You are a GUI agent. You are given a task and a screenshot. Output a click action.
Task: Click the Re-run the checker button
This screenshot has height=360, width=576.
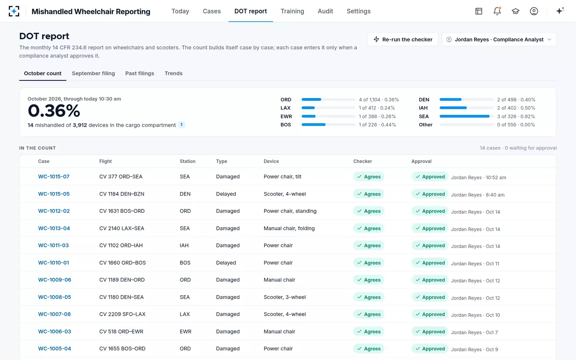point(403,39)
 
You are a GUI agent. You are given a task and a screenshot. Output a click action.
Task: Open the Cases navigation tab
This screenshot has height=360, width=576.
point(212,11)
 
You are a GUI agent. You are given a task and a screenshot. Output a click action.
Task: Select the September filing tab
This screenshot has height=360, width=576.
point(93,73)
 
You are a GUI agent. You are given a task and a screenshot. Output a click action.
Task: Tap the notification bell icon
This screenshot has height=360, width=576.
point(497,11)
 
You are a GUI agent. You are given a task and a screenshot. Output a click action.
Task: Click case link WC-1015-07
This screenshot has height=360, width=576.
point(54,176)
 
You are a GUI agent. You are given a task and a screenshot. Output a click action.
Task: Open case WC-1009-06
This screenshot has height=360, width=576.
point(54,280)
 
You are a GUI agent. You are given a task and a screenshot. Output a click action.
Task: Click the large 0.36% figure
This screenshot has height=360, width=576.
point(54,111)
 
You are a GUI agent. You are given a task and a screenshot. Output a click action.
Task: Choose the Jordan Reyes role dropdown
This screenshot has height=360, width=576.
point(499,39)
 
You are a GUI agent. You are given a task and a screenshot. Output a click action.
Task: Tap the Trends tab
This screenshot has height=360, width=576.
point(174,73)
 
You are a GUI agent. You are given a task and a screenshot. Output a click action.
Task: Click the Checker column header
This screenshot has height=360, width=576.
point(362,161)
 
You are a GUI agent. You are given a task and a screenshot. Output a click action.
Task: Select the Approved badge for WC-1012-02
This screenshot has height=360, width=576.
point(430,211)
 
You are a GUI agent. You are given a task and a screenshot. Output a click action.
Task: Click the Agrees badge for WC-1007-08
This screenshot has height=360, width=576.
point(369,314)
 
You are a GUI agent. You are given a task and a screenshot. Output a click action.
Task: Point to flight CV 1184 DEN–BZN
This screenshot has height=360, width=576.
point(122,194)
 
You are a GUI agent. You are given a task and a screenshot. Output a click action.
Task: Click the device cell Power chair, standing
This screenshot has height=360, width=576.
point(290,211)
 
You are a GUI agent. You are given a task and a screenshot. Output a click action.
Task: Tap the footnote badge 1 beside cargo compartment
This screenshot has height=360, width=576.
point(182,125)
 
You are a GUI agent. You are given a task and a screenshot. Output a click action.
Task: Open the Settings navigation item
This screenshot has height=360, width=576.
point(358,11)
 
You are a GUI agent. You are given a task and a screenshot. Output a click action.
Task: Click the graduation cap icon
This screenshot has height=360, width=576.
point(516,11)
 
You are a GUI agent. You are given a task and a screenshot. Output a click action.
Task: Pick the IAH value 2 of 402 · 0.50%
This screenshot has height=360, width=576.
point(516,108)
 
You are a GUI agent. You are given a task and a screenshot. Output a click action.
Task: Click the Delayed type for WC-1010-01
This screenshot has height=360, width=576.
point(226,262)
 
